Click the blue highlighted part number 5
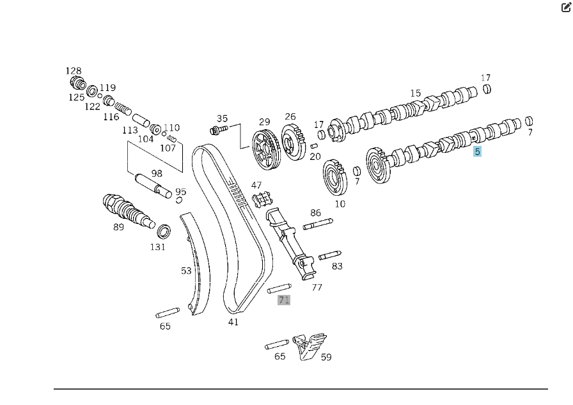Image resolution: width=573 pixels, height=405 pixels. click(477, 152)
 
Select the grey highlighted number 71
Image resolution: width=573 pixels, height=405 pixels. click(284, 299)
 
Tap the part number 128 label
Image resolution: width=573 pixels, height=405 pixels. click(74, 71)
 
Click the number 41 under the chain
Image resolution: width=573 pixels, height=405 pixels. click(233, 322)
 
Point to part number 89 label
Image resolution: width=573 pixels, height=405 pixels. click(118, 226)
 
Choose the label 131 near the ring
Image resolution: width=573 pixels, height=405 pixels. click(157, 246)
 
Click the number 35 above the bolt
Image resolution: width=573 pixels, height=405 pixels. click(222, 118)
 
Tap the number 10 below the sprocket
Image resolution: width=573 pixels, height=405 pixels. click(340, 203)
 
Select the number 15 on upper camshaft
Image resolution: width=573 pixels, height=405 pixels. click(416, 93)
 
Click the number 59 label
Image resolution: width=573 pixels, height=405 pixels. click(326, 357)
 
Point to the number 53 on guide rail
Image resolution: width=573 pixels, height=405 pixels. click(186, 271)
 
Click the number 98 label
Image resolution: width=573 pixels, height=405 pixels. click(157, 173)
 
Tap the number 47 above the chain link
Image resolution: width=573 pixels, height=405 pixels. click(256, 186)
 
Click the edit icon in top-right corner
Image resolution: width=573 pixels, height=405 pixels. click(565, 8)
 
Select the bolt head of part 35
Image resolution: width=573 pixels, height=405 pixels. click(216, 130)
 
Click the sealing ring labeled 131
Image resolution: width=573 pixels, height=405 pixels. click(164, 230)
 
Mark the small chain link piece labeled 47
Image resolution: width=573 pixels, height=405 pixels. click(258, 200)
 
